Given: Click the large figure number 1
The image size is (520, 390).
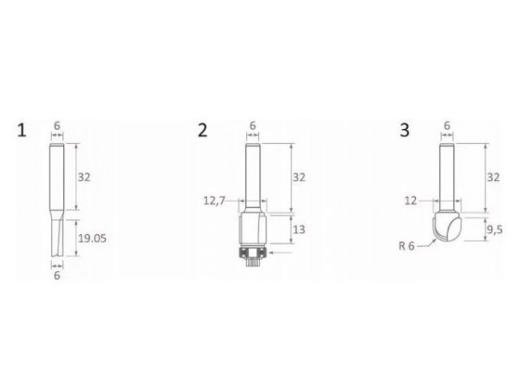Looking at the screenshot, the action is point(22,130).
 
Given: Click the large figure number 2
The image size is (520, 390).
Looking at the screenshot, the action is point(202,130).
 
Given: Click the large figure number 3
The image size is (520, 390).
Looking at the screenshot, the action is point(405,130).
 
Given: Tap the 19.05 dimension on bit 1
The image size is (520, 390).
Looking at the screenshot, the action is point(93,238).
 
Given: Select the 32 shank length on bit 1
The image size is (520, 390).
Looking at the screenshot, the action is point(84,178).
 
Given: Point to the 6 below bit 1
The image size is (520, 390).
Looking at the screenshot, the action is point(57,276).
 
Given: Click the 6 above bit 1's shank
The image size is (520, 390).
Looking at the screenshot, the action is point(57,126).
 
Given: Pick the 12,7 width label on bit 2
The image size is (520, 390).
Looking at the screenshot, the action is point(214,201).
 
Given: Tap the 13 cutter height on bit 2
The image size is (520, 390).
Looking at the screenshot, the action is point(299,230).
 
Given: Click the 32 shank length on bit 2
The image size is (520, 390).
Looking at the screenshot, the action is point(299,178).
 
